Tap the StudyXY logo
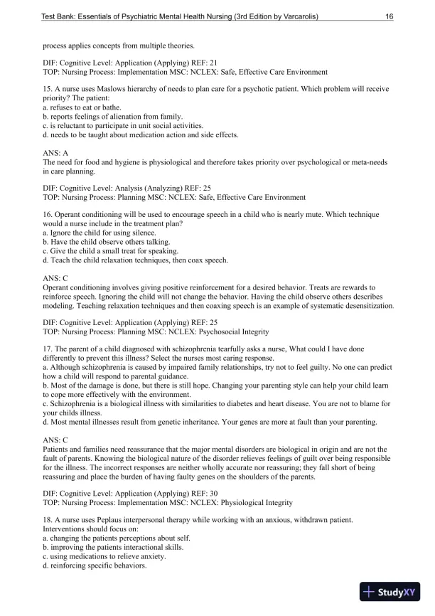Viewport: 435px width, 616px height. pos(390,591)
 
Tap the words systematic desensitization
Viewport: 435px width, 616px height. pos(352,305)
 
